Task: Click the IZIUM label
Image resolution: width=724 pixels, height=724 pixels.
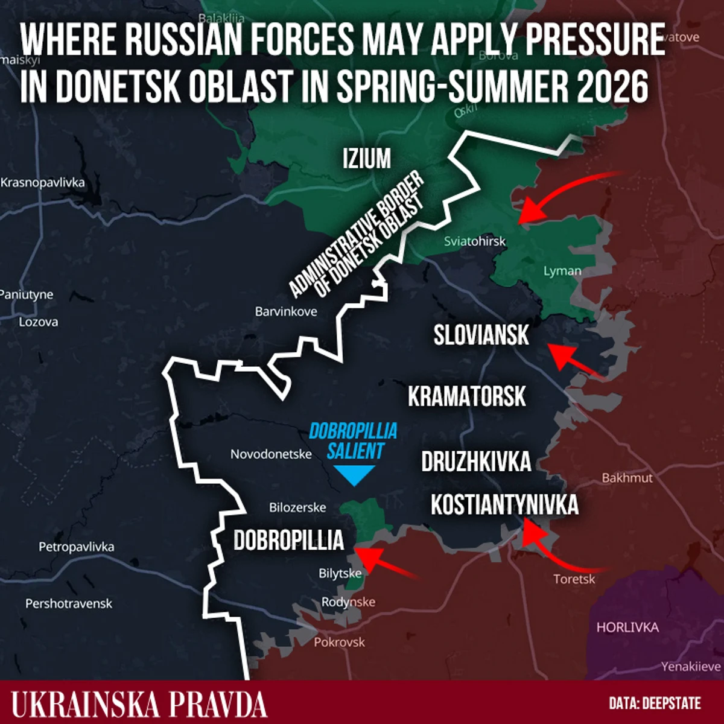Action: pos(367,159)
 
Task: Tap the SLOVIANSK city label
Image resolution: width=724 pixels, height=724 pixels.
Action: pos(481,335)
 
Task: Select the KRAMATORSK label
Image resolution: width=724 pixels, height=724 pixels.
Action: pos(466,397)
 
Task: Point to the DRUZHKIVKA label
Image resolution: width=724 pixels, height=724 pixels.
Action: pos(476,462)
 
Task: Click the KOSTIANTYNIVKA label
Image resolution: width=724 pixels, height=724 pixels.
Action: pos(504,505)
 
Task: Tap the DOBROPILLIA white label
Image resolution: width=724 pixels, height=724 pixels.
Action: pos(288,541)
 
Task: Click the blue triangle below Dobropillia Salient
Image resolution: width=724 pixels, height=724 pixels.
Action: pos(354,476)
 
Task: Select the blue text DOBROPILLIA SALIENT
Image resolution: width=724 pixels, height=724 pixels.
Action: pos(354,441)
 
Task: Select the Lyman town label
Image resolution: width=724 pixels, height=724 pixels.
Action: pos(562,271)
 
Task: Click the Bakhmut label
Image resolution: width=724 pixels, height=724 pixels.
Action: pos(627,478)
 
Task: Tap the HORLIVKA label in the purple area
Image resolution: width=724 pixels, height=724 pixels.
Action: pos(627,627)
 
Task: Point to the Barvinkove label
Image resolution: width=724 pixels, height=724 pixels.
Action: pos(286,312)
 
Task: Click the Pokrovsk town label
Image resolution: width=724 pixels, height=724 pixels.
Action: pos(339,642)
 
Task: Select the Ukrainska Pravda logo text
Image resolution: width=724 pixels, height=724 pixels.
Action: pos(139,704)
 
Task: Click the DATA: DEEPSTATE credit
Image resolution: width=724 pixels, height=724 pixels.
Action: pos(655,703)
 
